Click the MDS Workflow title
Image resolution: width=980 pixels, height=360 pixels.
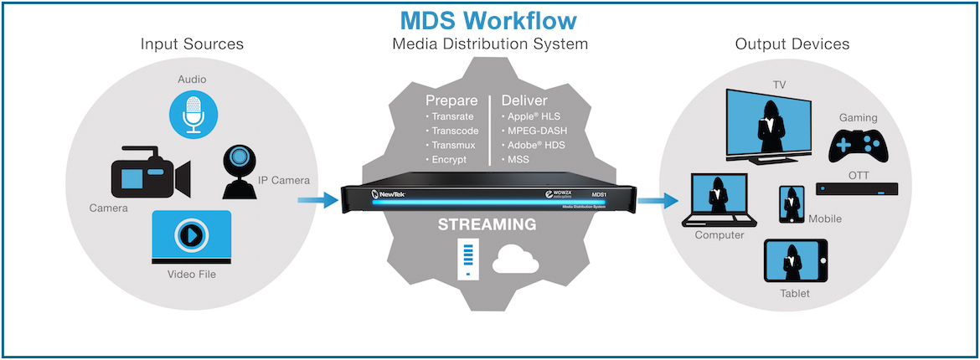pos(489,19)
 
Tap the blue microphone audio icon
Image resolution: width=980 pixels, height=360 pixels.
pos(194,114)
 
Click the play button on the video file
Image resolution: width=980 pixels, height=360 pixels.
pos(192,235)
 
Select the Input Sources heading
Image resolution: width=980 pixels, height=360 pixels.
pos(191,44)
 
